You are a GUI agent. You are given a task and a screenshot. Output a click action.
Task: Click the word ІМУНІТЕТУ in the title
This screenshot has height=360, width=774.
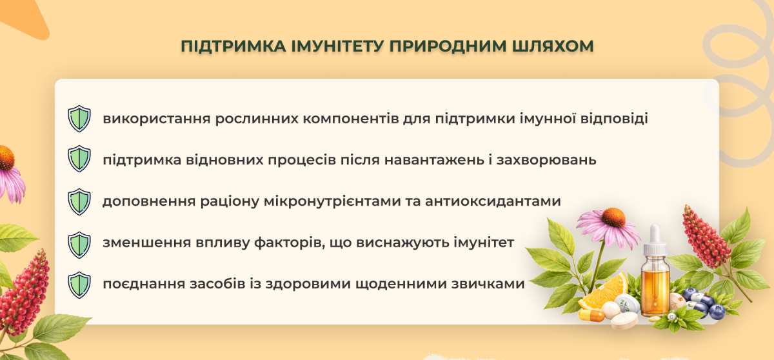(x=337, y=46)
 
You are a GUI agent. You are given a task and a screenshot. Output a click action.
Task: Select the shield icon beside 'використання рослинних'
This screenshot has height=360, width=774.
(x=79, y=119)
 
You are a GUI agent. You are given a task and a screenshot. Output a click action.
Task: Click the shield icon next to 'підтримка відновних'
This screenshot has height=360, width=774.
(x=79, y=159)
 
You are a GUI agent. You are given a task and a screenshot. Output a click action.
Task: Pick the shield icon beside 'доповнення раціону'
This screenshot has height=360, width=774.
(x=79, y=202)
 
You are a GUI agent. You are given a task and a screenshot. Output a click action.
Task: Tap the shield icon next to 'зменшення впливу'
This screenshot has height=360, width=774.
(x=79, y=245)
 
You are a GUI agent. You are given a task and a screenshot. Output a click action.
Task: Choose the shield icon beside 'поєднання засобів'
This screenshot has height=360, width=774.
(x=79, y=285)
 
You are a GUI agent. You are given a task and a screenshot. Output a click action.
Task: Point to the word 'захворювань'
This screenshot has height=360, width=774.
(x=546, y=160)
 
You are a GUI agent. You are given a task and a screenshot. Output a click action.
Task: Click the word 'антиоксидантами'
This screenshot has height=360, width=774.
(x=493, y=201)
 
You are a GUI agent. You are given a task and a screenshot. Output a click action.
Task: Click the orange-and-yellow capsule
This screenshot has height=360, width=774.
(x=591, y=315)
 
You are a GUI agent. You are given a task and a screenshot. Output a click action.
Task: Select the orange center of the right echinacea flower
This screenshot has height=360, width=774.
(x=613, y=217)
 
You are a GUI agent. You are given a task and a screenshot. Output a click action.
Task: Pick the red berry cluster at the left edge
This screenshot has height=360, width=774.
(x=25, y=294)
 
